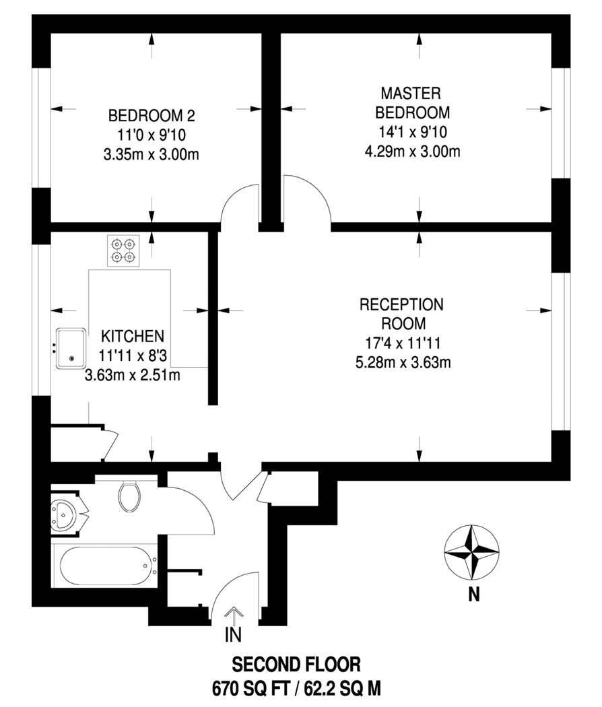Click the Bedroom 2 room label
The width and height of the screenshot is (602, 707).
coord(152,116)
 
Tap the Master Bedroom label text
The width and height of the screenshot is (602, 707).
coord(412,103)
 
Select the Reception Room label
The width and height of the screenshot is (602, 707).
coord(401,314)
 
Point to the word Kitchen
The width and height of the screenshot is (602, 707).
coord(133,337)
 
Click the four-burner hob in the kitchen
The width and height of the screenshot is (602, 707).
coord(123,250)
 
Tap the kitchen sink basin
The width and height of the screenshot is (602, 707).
coord(71,349)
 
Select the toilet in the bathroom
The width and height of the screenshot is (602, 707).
coord(129,496)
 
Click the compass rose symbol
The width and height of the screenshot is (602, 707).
coord(471,552)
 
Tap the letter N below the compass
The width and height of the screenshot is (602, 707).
coord(473,595)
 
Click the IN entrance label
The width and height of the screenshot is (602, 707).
coord(233,635)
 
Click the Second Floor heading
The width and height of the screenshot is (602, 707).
coord(296,665)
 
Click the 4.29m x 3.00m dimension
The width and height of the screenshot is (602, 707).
coord(412,151)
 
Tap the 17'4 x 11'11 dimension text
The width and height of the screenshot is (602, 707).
coord(402,343)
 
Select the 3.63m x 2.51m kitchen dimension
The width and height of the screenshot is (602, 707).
coord(133,374)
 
